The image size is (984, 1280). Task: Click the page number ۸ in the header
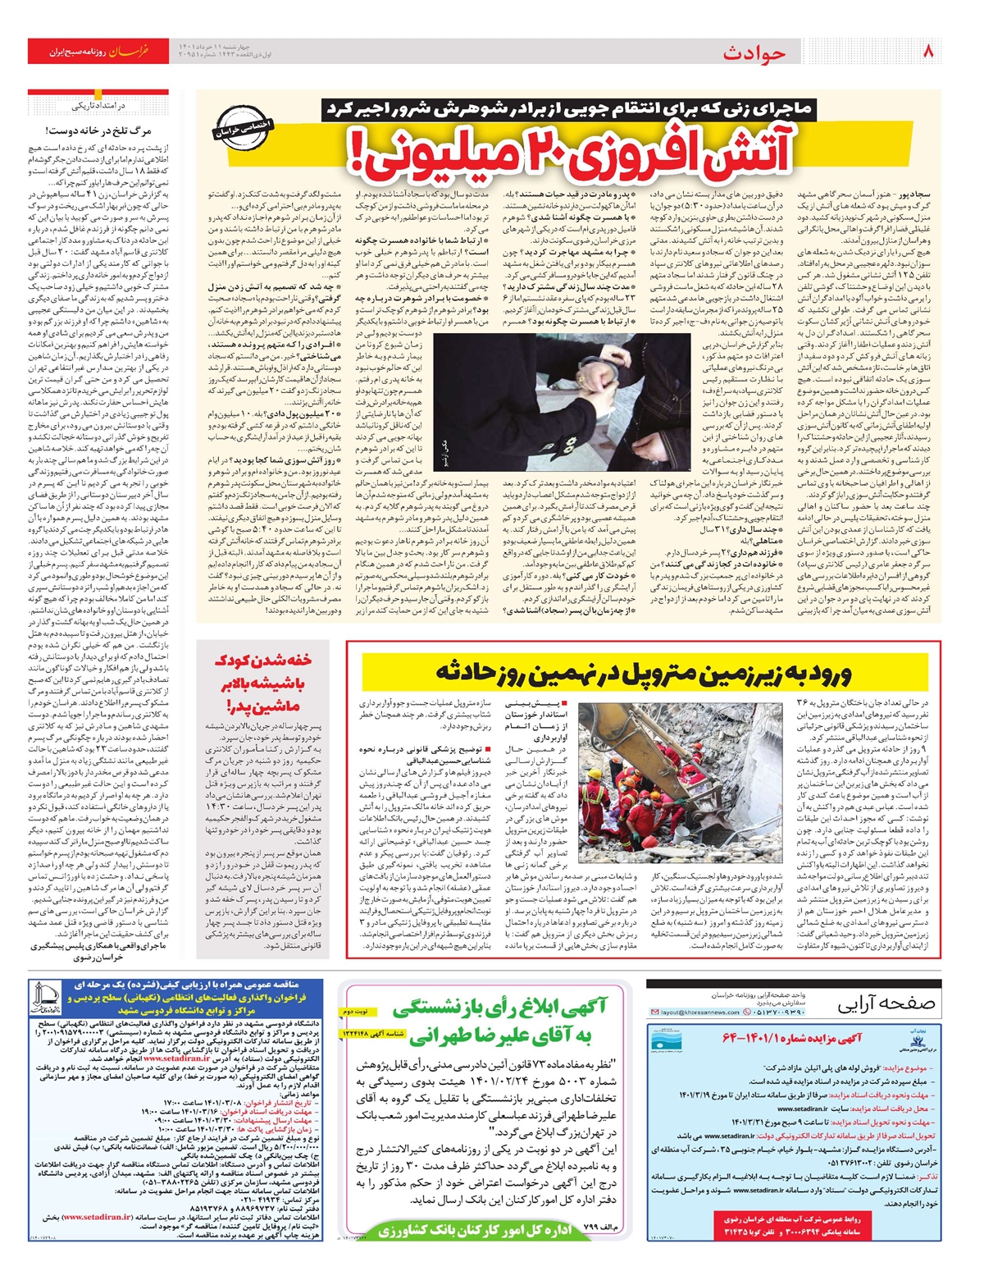(929, 52)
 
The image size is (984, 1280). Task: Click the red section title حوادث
(754, 53)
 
